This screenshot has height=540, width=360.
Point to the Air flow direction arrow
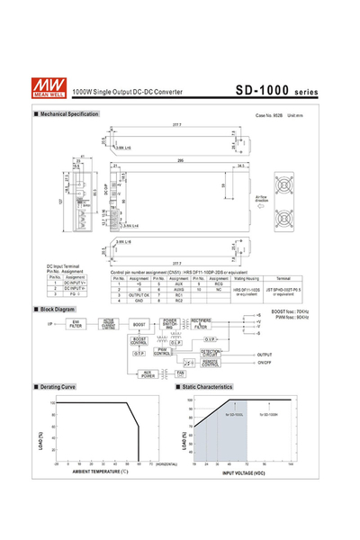pos(262,206)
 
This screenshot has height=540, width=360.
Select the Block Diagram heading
pos(58,309)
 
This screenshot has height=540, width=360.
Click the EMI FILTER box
pos(76,324)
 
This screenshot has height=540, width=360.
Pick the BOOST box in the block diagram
pos(139,324)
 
